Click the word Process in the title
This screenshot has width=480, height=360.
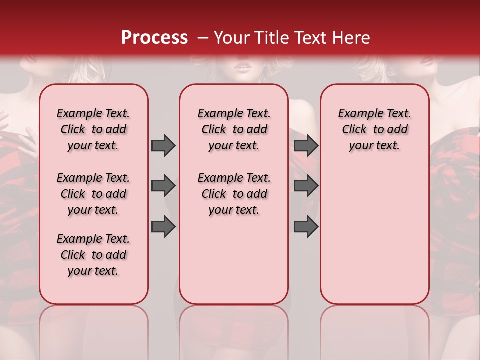[154, 37]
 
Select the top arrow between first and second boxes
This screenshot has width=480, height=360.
[163, 145]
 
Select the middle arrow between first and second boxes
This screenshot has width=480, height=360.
[163, 186]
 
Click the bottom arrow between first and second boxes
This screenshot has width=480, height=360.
[163, 226]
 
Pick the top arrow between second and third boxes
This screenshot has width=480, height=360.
[306, 145]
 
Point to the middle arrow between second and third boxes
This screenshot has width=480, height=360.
[306, 186]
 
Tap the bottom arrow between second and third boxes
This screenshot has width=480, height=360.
[306, 226]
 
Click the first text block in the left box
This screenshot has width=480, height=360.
[93, 129]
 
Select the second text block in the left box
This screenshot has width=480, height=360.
[93, 194]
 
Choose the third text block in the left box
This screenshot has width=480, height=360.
[93, 255]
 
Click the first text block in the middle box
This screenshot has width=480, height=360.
[234, 129]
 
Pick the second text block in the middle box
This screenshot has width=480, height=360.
[234, 194]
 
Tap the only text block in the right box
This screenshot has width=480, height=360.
[374, 129]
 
